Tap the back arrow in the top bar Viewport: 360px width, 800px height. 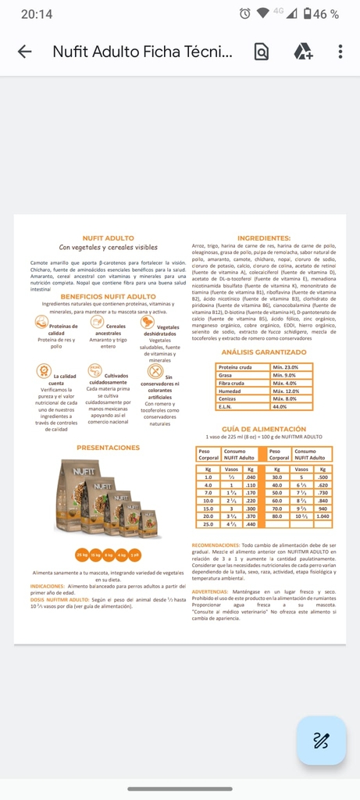pos(25,52)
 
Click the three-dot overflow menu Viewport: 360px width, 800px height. pos(340,52)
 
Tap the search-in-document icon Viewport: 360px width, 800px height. pos(262,52)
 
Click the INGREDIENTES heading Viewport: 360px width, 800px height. pos(264,238)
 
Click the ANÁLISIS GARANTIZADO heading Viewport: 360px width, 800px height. pos(264,352)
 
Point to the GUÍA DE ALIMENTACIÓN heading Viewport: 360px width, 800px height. pos(264,429)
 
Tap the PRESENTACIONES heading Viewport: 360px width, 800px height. pos(108,448)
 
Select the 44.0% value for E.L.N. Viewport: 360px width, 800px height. pos(280,407)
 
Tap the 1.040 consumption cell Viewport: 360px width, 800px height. pos(323,516)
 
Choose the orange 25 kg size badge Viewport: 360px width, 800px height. pos(81,555)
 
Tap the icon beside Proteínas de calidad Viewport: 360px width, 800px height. pos(42,322)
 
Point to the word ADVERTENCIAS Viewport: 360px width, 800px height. pos(210,592)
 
